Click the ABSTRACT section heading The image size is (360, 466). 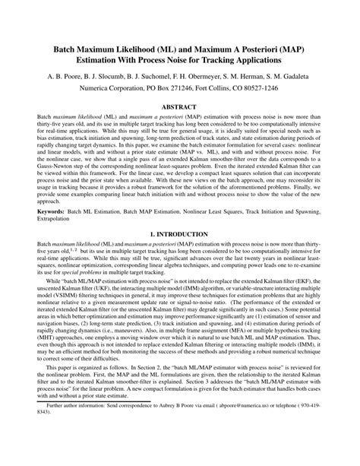coord(180,108)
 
